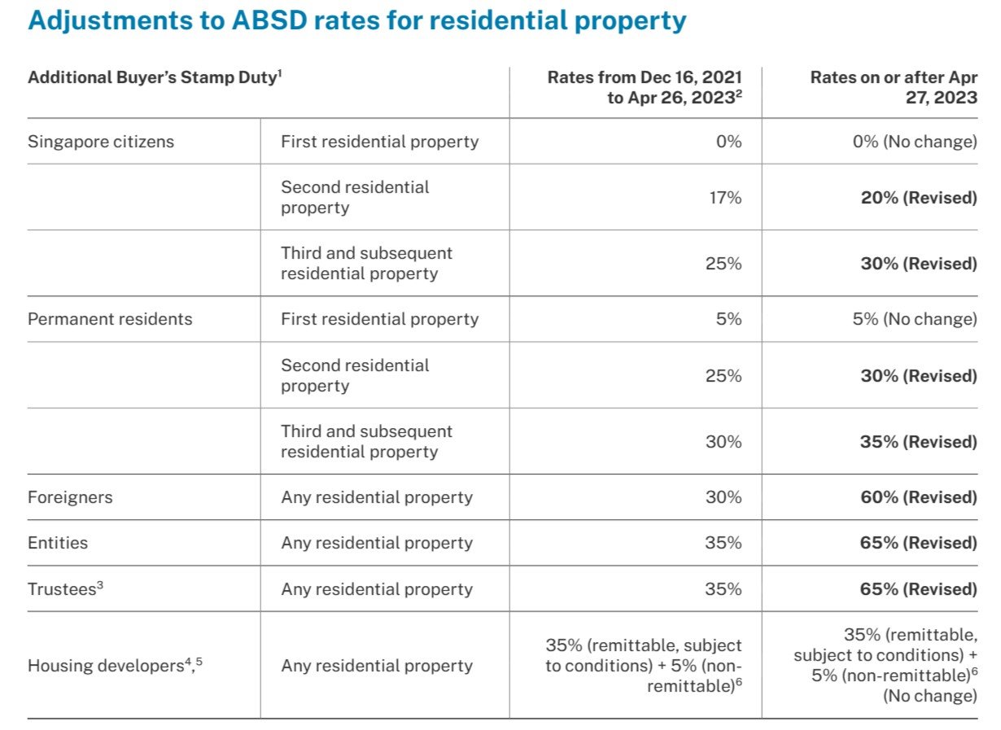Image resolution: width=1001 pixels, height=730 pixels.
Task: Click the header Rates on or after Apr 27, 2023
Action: click(x=894, y=88)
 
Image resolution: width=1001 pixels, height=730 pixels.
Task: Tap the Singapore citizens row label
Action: click(x=101, y=142)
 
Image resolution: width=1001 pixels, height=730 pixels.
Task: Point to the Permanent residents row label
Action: click(x=110, y=319)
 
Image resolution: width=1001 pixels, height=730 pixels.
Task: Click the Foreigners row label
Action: click(x=70, y=497)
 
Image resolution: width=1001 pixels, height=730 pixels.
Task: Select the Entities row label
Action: click(x=58, y=543)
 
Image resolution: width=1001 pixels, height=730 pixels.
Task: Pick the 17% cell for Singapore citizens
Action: click(x=723, y=197)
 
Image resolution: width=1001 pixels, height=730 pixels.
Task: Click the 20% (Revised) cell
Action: click(x=918, y=197)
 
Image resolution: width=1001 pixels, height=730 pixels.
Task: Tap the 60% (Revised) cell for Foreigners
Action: click(x=918, y=497)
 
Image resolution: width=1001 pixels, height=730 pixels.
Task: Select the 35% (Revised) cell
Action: click(x=918, y=442)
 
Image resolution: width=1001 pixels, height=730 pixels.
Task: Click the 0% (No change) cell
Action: click(x=914, y=142)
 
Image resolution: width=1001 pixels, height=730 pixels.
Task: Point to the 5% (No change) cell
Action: click(x=914, y=319)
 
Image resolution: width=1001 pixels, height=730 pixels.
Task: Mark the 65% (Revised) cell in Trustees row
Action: click(x=918, y=588)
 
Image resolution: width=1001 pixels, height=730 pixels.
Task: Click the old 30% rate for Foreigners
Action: click(x=723, y=497)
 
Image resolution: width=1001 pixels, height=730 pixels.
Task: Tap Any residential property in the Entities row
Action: click(x=377, y=543)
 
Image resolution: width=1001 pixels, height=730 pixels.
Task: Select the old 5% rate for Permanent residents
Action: click(x=728, y=319)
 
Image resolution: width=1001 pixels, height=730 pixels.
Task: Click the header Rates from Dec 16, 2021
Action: click(x=644, y=88)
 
